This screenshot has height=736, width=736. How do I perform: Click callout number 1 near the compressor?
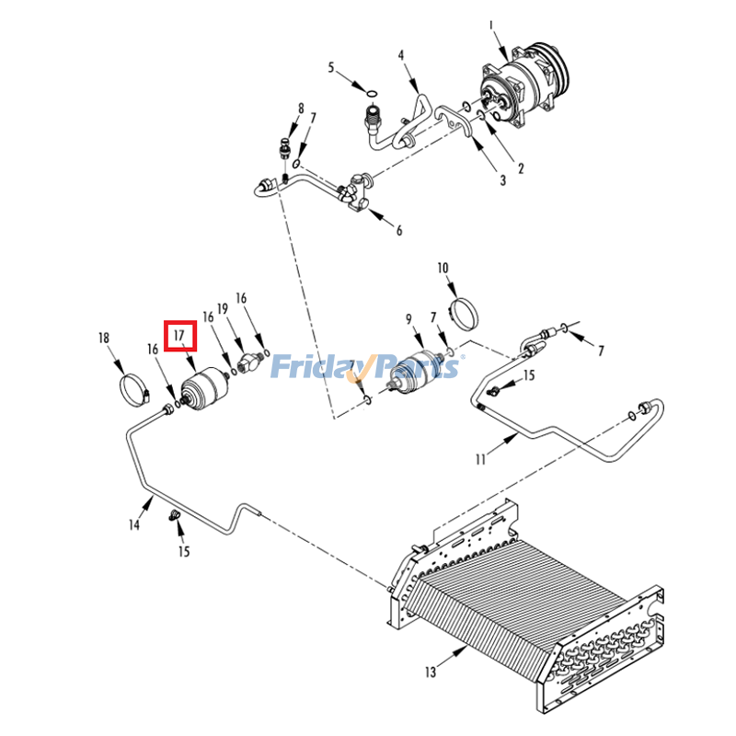[x=491, y=25]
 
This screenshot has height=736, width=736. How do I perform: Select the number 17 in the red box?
[x=180, y=337]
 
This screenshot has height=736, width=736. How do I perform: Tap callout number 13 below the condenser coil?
[x=431, y=673]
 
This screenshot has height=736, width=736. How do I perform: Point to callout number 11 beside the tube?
[x=479, y=459]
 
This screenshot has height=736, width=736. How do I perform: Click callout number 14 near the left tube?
[x=134, y=525]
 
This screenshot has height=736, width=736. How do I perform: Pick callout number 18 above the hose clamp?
[x=104, y=339]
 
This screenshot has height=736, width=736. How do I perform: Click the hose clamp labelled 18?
[x=134, y=388]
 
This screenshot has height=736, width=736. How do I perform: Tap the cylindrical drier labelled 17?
[x=205, y=389]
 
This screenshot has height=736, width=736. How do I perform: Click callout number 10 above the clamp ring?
[x=443, y=269]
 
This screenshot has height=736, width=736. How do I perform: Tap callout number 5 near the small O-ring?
[x=332, y=67]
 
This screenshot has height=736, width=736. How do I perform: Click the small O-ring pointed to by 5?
[x=370, y=93]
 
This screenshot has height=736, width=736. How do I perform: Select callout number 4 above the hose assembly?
[x=401, y=56]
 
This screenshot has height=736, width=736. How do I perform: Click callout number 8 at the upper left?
[x=300, y=109]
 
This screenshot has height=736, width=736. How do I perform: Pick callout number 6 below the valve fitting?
[x=399, y=230]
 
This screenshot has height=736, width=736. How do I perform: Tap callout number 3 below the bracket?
[x=503, y=180]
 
